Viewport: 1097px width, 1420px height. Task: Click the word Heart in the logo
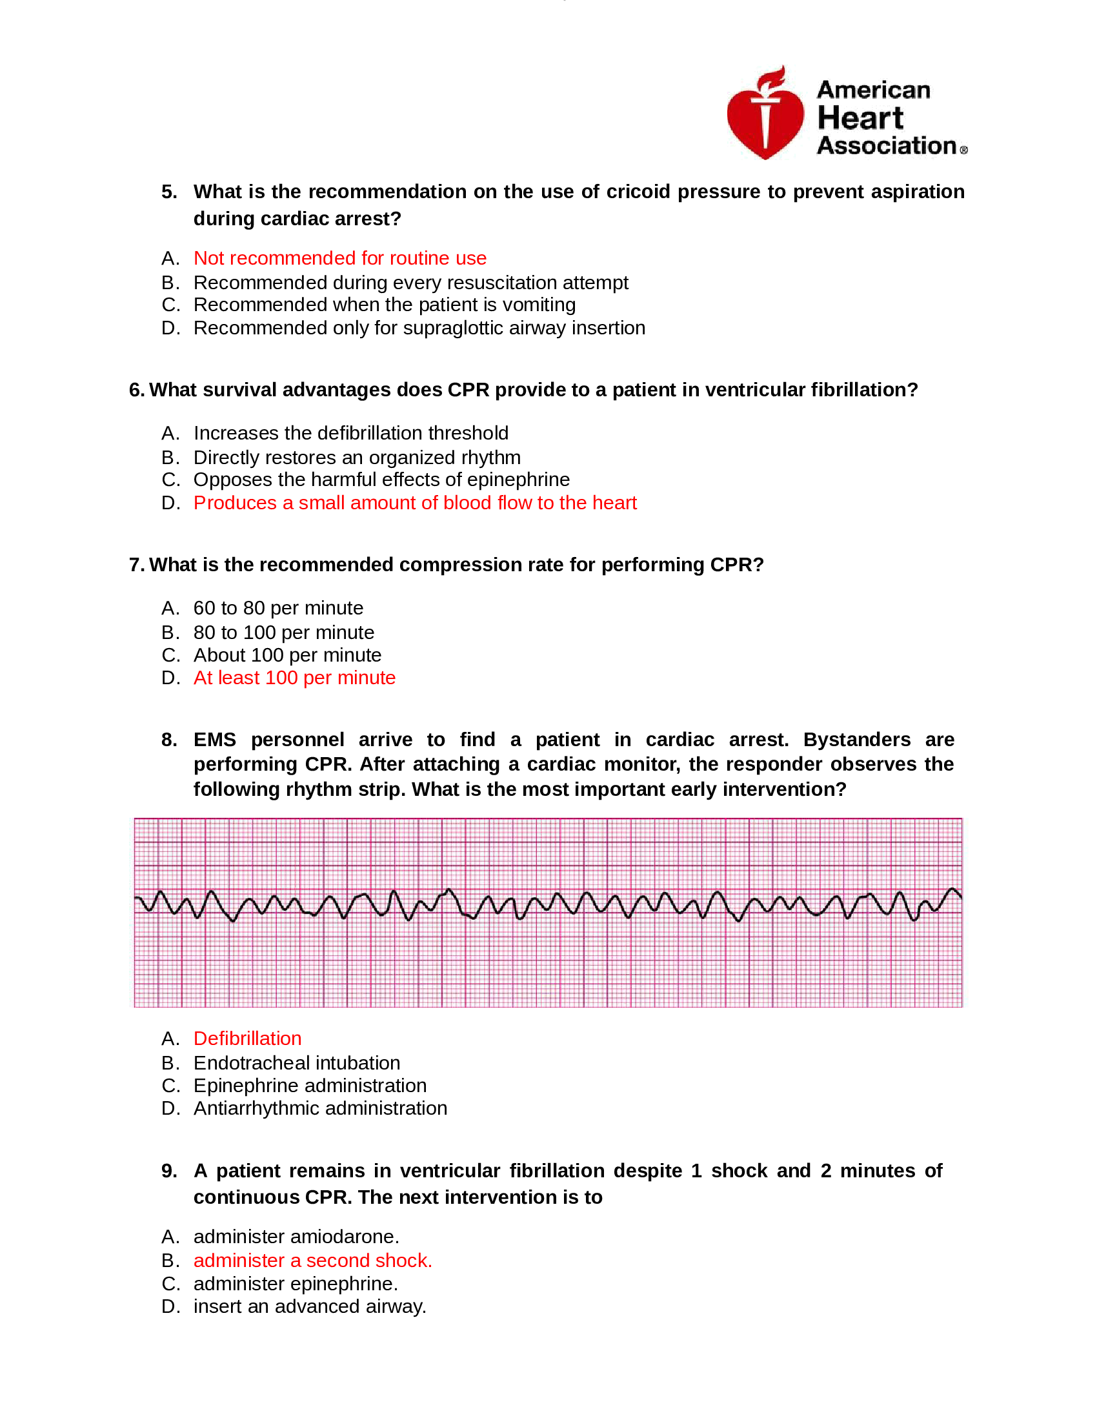[x=860, y=118]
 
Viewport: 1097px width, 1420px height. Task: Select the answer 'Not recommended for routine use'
[x=339, y=258]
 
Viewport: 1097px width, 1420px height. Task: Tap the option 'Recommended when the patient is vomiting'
[x=384, y=304]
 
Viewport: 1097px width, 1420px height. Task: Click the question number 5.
[x=169, y=192]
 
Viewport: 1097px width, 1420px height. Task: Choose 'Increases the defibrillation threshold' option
[x=350, y=432]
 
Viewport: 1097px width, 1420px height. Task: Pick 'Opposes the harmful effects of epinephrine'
[x=381, y=479]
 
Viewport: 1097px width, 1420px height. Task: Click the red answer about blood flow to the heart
[x=415, y=503]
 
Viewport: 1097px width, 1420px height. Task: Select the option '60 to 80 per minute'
[x=278, y=607]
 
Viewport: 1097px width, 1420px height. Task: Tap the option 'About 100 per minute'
[x=287, y=654]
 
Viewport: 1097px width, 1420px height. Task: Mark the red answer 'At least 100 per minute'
[x=294, y=678]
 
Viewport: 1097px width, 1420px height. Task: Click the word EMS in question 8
[x=214, y=739]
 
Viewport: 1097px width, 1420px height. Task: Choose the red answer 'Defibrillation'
[x=247, y=1039]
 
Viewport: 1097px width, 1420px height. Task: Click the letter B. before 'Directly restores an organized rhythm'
[x=170, y=457]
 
